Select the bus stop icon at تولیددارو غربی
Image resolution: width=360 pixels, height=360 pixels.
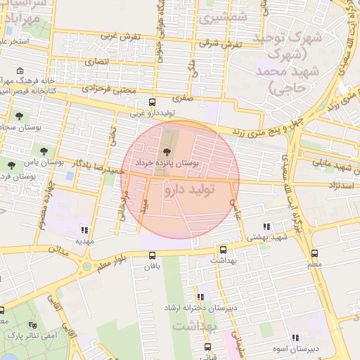pos(153,102)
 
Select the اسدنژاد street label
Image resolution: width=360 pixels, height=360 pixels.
pos(342,184)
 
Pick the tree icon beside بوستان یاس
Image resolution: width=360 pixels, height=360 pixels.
pos(44,150)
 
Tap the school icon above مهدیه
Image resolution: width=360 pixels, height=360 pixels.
pos(85,230)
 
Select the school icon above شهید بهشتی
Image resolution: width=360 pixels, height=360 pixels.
pos(266,226)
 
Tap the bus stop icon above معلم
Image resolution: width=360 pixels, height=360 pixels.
pos(314,253)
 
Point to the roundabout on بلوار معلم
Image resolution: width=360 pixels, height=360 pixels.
pos(86,266)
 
